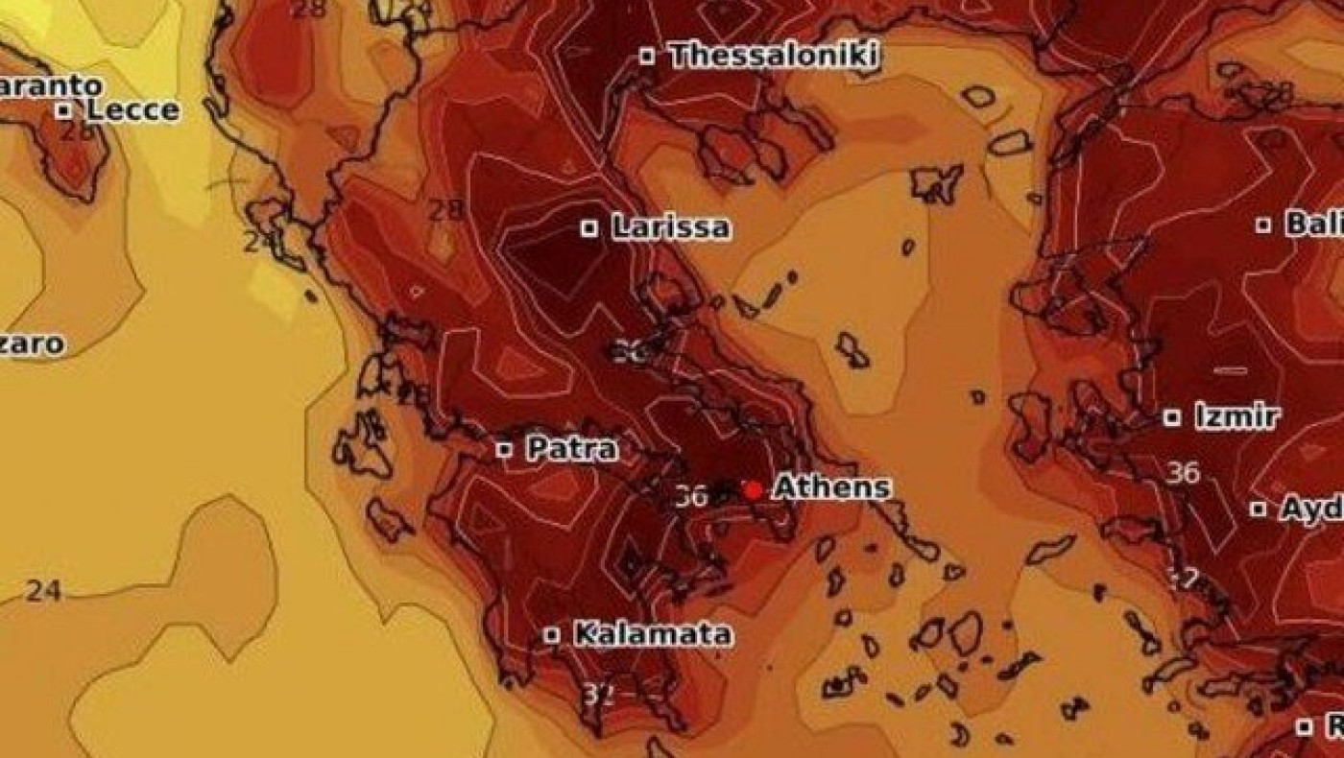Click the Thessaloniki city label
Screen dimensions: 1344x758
click(x=773, y=56)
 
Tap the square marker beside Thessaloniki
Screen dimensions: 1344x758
click(x=647, y=57)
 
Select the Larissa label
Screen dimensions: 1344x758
click(x=670, y=227)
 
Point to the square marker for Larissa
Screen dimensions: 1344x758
click(x=589, y=228)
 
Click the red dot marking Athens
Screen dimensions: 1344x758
click(x=753, y=489)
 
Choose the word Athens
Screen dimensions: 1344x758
click(x=831, y=486)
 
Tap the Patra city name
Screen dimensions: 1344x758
click(x=572, y=448)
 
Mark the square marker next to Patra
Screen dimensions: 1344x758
click(x=504, y=449)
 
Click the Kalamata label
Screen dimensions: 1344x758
click(x=652, y=633)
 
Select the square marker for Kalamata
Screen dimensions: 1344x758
click(x=552, y=635)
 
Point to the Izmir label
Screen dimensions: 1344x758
click(x=1236, y=416)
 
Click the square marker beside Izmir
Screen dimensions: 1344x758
click(x=1171, y=417)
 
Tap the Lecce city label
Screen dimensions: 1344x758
click(x=132, y=109)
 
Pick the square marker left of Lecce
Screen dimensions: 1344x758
click(x=63, y=110)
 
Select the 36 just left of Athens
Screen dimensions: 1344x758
click(x=691, y=495)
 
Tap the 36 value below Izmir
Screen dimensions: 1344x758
click(x=1183, y=472)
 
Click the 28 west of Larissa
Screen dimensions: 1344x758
click(x=444, y=210)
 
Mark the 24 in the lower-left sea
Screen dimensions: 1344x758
click(x=43, y=590)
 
